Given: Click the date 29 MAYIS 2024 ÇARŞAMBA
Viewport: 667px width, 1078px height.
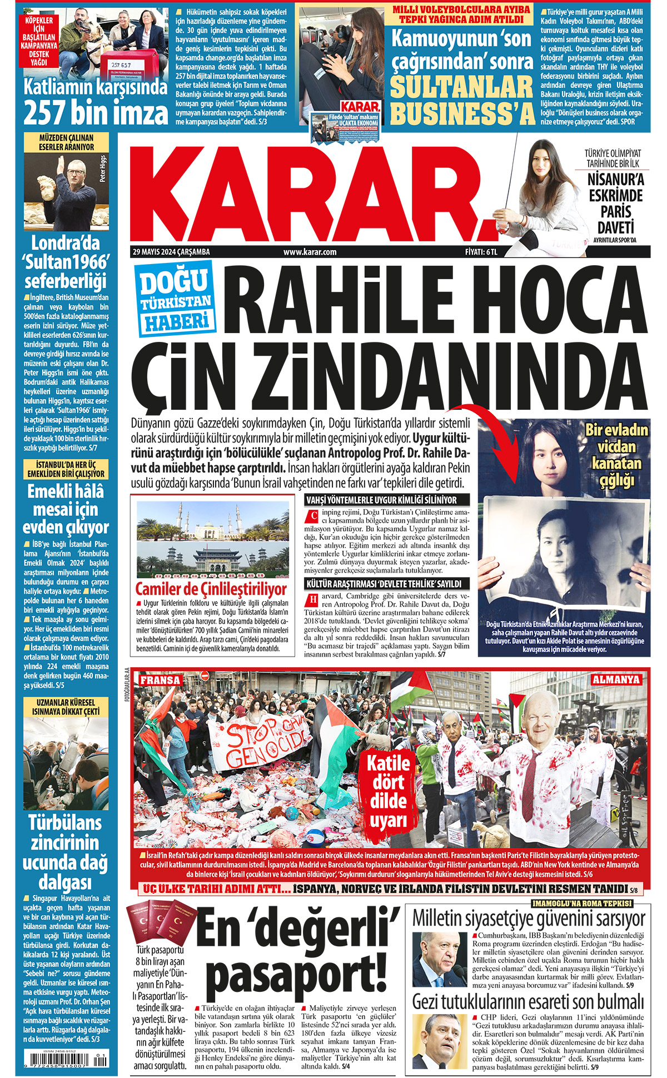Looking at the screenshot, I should pos(171,252).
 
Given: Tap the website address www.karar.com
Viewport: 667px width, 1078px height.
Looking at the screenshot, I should pos(310,252).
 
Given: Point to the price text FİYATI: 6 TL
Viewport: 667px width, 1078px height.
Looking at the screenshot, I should pos(481,252).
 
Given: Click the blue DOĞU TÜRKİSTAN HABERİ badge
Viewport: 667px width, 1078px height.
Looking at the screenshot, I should pos(175,301).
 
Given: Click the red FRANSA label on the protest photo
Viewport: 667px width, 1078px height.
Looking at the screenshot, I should pos(160,680).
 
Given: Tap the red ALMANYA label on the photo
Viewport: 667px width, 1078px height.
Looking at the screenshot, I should pos(616,679).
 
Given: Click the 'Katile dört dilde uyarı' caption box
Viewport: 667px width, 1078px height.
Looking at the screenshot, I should pos(388,791).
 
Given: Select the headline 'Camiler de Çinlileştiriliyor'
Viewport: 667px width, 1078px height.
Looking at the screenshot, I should pos(211,589).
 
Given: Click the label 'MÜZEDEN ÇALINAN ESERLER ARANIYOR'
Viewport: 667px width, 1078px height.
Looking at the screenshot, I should pos(66,142).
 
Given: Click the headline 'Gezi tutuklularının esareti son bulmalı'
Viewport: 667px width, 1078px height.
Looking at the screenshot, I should pos(528,1002).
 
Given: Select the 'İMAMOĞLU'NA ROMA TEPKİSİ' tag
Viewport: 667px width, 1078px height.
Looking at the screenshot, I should pos(581,903).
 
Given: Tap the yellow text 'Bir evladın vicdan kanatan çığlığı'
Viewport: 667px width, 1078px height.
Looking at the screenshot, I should pos(616,455).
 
